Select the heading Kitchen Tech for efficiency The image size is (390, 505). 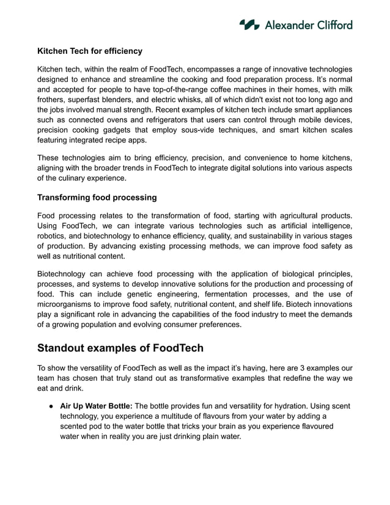90,51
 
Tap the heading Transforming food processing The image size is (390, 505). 97,197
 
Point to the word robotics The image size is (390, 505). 53,236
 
